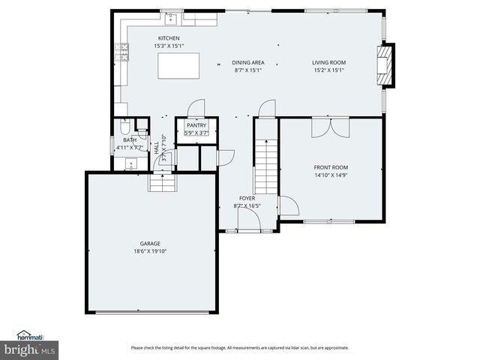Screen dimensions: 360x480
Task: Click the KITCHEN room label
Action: point(168,38)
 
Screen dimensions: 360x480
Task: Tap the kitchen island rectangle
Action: point(178,66)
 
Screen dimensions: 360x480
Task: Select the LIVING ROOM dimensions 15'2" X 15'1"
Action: point(328,71)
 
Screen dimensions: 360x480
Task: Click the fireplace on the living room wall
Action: point(385,66)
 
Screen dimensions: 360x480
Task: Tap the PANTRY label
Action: point(196,125)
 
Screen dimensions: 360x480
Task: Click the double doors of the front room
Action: point(330,127)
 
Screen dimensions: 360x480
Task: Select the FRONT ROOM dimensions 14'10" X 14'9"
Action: point(330,175)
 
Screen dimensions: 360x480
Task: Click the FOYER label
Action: point(247,198)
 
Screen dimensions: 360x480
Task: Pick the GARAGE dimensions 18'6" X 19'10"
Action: point(149,252)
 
